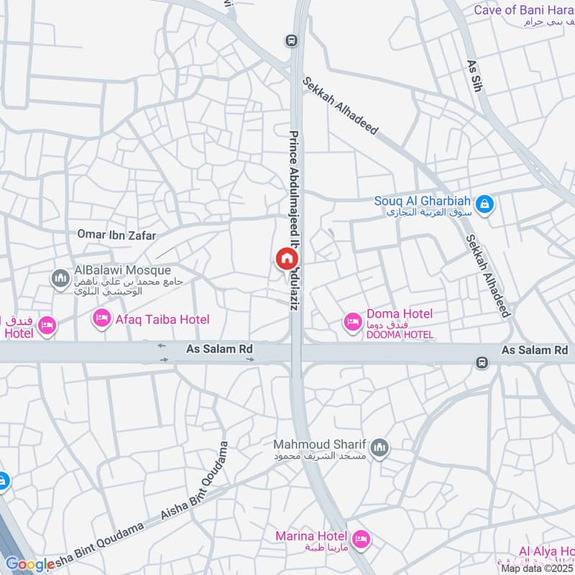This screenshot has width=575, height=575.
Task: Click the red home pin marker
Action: pyautogui.click(x=286, y=259)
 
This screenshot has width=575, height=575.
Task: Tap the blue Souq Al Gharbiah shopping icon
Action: pyautogui.click(x=486, y=205)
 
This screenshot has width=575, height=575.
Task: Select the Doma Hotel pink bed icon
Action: pyautogui.click(x=352, y=321)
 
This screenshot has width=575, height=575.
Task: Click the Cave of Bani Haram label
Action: pyautogui.click(x=524, y=10)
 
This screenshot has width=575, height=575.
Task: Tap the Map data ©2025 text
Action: pyautogui.click(x=537, y=569)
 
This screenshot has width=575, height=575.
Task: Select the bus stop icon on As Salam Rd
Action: pyautogui.click(x=482, y=362)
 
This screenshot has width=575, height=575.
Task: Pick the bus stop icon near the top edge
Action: pyautogui.click(x=290, y=40)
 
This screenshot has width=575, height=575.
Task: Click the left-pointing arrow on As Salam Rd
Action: pyautogui.click(x=162, y=346)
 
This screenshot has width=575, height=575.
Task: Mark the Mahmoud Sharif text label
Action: pyautogui.click(x=323, y=444)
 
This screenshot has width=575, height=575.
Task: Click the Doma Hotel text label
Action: pyautogui.click(x=399, y=314)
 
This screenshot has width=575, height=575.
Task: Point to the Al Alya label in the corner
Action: pyautogui.click(x=546, y=552)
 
